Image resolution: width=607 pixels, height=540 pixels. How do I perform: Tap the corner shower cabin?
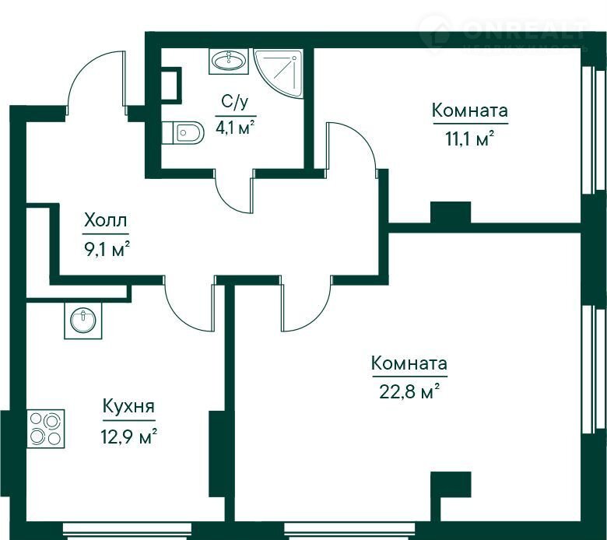pos(278,73)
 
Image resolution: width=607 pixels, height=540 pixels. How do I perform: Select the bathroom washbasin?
pos(228,61)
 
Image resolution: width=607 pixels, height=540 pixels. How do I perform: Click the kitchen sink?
pos(82,321)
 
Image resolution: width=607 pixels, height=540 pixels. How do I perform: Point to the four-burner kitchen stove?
pos(45,429)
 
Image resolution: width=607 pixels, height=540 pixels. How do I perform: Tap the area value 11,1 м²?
pos(470,139)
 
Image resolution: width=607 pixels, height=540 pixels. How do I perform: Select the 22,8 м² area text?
pos(409,391)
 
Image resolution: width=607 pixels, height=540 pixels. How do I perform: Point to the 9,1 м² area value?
pos(106,250)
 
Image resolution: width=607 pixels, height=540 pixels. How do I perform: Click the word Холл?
pos(105,221)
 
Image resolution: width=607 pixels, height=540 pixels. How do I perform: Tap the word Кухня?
pos(128,406)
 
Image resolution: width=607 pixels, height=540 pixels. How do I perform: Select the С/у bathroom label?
pos(234,103)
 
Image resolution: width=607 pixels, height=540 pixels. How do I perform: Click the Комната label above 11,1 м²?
pos(469,110)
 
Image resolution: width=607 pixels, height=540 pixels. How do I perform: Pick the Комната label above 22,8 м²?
pos(409,363)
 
